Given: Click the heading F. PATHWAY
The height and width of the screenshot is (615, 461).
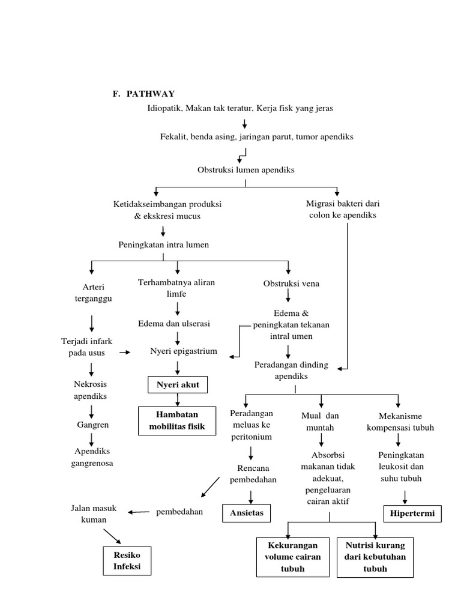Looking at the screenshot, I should point(143,94).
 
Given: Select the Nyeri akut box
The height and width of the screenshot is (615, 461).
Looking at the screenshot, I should point(177,384).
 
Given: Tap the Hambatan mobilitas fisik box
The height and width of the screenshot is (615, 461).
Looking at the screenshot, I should point(177,420).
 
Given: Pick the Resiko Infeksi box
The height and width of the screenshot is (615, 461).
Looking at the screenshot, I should point(126,560).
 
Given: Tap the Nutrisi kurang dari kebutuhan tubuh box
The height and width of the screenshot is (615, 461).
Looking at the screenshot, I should point(375,557).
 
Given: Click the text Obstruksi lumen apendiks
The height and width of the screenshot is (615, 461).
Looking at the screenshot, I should point(246,170).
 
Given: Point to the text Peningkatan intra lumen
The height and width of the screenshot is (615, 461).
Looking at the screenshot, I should point(163,244).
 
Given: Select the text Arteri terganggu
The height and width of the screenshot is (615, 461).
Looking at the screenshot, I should point(92,293).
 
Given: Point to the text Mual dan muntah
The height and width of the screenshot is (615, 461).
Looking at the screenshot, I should point(320,421).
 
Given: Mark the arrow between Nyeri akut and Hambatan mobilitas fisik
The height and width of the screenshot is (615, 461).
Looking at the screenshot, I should point(177,400).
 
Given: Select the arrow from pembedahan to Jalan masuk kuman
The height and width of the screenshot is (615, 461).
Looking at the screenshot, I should point(139,512).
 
